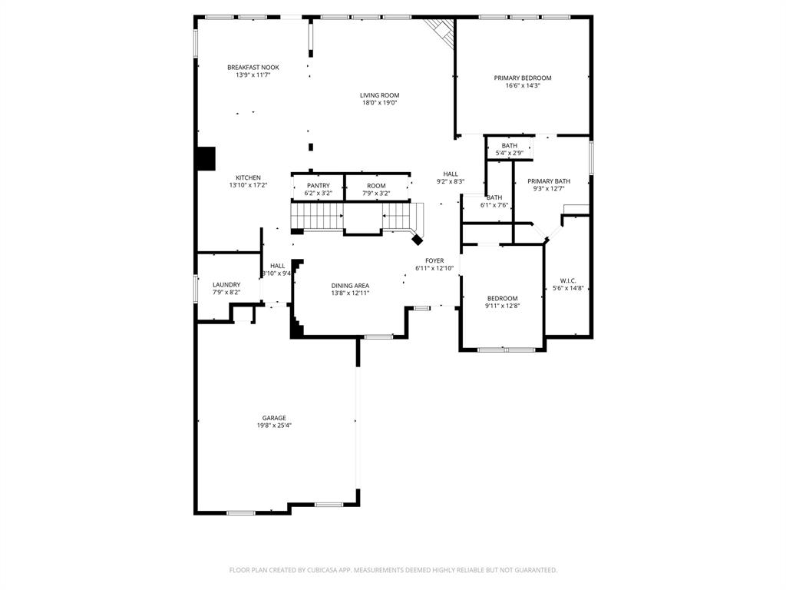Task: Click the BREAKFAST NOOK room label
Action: point(253,68)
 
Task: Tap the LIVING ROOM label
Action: point(379,95)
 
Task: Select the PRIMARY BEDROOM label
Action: point(522,78)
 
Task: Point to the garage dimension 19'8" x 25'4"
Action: point(274,426)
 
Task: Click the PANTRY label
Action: point(318,186)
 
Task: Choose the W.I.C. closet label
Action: point(568,280)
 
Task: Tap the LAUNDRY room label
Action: point(226,284)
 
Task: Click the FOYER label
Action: point(434,260)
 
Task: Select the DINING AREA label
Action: point(350,285)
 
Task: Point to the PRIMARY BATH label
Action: point(548,181)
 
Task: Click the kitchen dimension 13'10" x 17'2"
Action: point(248,185)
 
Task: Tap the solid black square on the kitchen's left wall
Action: point(205,159)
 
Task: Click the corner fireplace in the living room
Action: point(440,30)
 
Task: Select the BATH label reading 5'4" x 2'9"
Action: point(510,146)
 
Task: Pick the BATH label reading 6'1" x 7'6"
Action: point(494,197)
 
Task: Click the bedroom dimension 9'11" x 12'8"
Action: point(502,306)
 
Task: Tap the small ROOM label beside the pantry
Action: point(376,186)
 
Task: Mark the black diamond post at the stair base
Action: point(418,240)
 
